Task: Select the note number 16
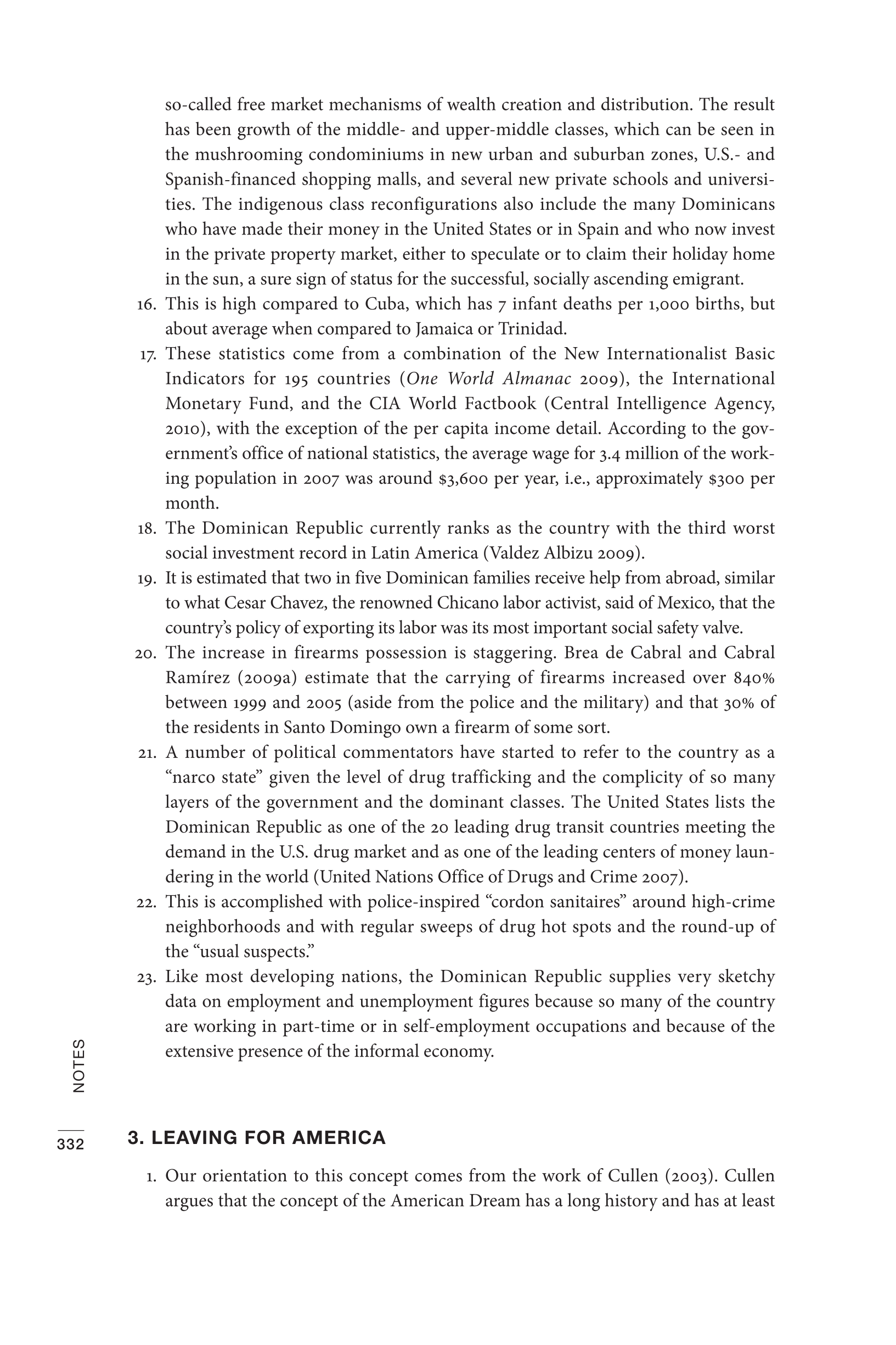(x=147, y=305)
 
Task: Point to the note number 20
(x=146, y=654)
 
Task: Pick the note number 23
(x=146, y=977)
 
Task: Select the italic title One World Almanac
(x=489, y=378)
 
